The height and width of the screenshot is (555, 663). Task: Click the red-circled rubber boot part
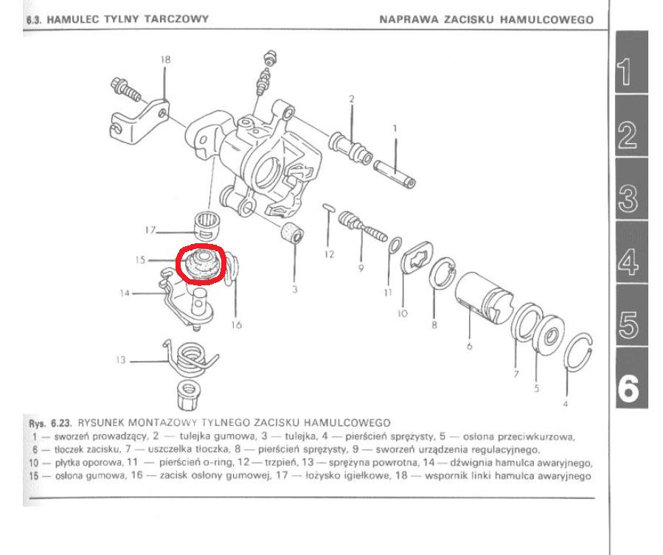(x=199, y=263)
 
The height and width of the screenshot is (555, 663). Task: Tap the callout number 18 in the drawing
(x=165, y=60)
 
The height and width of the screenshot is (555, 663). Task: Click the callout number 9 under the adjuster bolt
(x=361, y=268)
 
